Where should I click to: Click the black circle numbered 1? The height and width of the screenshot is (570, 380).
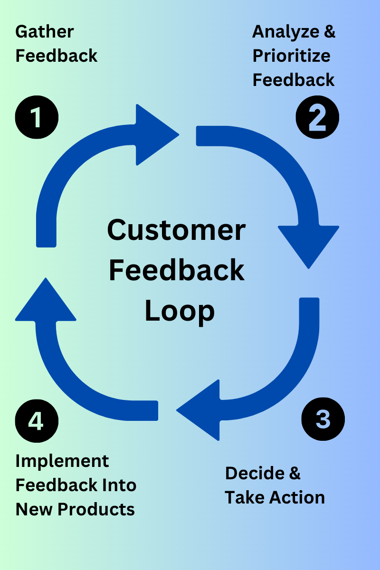click(37, 117)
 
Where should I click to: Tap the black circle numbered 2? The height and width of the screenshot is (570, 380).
click(317, 117)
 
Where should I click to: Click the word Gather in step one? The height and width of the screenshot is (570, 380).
click(45, 32)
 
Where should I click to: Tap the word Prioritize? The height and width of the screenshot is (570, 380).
click(291, 56)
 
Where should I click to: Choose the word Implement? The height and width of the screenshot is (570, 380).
click(62, 461)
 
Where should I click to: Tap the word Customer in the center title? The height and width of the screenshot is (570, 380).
click(176, 230)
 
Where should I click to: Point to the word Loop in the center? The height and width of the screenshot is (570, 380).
click(180, 311)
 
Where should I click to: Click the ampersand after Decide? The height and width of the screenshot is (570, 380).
click(294, 473)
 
